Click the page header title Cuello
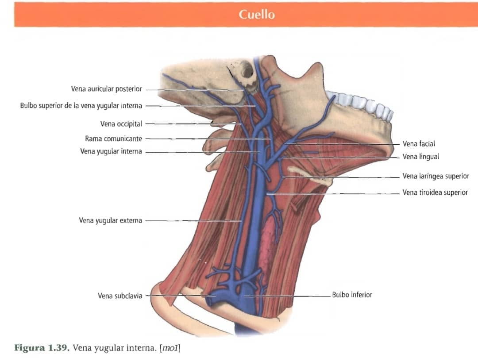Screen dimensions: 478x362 (257, 14)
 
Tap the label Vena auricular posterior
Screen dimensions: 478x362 (106, 89)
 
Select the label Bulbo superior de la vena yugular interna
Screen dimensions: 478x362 (81, 106)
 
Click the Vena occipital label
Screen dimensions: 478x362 (121, 124)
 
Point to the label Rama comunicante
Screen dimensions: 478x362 (113, 139)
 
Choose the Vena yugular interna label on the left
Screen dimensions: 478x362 (111, 151)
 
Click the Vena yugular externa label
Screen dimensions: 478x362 (110, 220)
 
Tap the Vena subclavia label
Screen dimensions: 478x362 (120, 296)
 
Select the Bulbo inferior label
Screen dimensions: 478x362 (352, 295)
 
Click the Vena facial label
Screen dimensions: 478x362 (419, 143)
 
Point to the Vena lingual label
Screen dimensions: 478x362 (421, 157)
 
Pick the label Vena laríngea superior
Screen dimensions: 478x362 (436, 176)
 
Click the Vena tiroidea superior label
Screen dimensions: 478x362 (435, 192)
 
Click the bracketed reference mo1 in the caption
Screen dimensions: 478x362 (170, 348)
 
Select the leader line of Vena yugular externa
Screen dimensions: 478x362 (194, 221)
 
